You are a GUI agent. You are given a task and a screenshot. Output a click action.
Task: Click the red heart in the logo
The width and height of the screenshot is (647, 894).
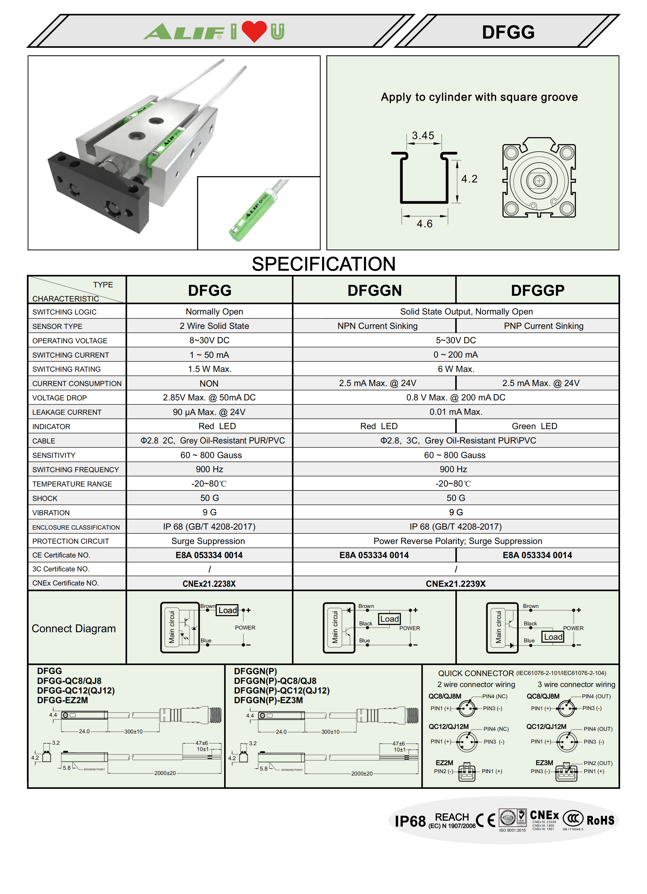(254, 31)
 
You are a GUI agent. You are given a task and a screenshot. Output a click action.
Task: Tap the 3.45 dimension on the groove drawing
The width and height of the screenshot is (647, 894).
(423, 135)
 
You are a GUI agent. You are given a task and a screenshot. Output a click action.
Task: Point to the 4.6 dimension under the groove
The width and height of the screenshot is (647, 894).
(424, 224)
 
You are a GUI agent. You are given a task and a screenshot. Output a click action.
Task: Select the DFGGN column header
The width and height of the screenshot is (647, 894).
(374, 291)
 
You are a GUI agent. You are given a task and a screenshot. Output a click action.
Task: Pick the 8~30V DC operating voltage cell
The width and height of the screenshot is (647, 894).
(209, 340)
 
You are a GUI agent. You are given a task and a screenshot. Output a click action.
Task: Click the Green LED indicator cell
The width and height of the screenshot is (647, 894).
(534, 426)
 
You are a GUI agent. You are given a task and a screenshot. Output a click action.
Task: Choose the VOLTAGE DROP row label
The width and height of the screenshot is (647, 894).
(59, 398)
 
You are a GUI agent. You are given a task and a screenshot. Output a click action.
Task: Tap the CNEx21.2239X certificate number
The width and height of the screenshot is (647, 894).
(456, 584)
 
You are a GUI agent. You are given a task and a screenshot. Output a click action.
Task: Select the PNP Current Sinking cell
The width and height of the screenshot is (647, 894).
(543, 326)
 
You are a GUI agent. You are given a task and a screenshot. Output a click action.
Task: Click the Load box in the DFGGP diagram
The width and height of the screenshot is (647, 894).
(553, 637)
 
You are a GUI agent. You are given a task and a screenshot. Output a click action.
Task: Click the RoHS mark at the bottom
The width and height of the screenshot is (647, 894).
(600, 821)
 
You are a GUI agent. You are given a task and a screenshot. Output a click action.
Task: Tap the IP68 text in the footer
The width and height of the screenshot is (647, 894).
(410, 821)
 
